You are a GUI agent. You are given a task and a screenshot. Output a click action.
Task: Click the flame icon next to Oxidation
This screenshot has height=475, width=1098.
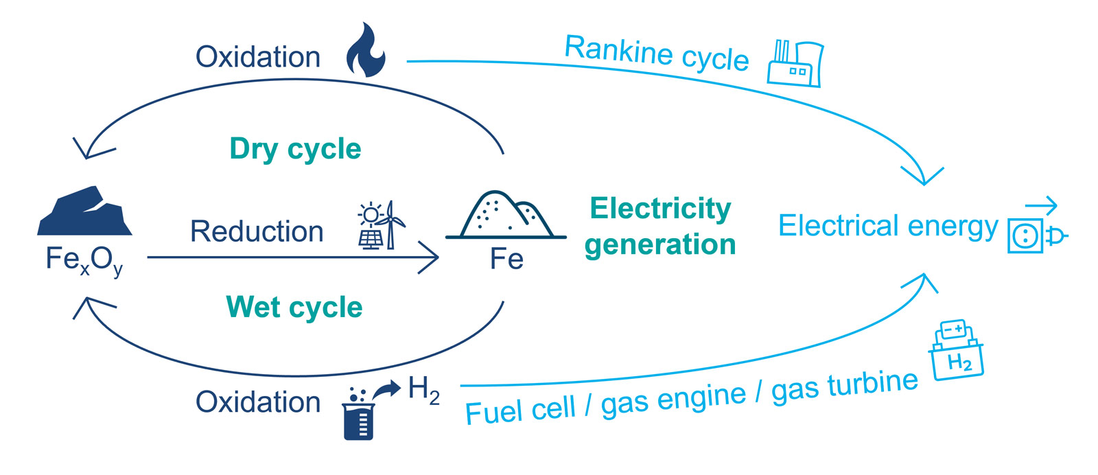[x=366, y=51]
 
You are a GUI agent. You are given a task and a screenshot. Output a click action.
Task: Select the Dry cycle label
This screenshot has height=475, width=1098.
[x=295, y=149]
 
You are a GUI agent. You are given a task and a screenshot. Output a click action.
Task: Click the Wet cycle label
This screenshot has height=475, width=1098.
[x=294, y=307]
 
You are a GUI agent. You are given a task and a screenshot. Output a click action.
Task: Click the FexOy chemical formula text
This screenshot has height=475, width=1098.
[x=84, y=261]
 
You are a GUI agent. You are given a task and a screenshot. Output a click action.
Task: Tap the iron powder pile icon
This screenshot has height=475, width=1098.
[x=506, y=216]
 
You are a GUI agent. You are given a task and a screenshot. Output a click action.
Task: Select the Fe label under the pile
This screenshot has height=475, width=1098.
[x=506, y=259]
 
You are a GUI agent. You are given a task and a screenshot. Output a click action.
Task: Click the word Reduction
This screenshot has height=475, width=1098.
[x=257, y=232]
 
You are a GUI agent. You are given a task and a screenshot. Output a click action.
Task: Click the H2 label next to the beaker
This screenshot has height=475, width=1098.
[x=423, y=390]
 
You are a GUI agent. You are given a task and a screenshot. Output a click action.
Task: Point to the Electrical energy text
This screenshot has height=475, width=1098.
[x=888, y=226]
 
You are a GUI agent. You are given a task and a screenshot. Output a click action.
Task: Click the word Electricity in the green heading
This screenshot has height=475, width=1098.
[x=660, y=209]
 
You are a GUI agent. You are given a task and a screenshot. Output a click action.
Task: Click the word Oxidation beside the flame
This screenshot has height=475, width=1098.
[x=258, y=57]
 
